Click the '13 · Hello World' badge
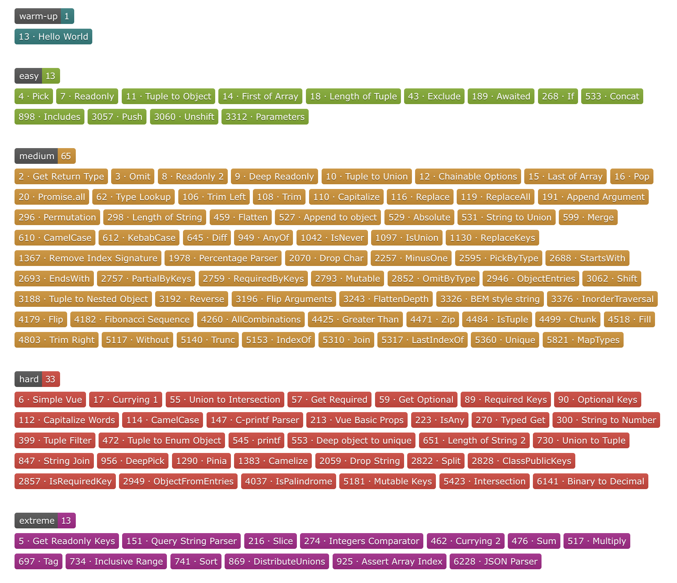point(53,37)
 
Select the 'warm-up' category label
point(38,16)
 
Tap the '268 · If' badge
point(558,96)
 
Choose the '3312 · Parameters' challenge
point(265,117)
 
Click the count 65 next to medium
point(66,156)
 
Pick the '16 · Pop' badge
point(632,176)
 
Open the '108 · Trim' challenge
point(279,197)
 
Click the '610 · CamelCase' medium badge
point(55,238)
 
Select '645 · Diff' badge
point(207,238)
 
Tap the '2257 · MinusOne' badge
point(411,258)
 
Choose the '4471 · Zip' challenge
point(433,319)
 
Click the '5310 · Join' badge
point(346,340)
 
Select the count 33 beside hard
point(51,379)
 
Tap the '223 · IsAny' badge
point(440,420)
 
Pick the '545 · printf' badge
point(256,440)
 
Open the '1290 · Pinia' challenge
point(201,461)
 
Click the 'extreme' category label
point(37,521)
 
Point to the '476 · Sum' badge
point(534,541)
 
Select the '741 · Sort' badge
point(196,561)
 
